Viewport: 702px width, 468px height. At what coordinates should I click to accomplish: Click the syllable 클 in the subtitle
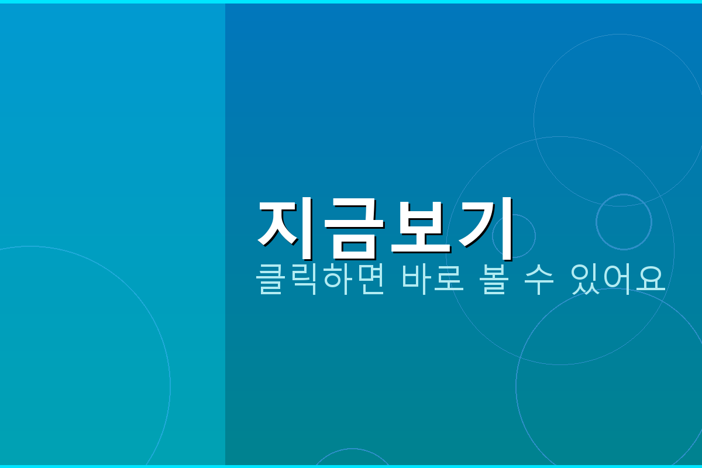pyautogui.click(x=272, y=279)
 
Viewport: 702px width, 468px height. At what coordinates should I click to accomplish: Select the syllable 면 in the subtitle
pyautogui.click(x=370, y=279)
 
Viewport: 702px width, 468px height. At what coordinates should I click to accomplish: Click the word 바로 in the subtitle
pyautogui.click(x=433, y=279)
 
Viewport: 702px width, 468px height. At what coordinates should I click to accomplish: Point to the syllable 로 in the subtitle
pyautogui.click(x=449, y=279)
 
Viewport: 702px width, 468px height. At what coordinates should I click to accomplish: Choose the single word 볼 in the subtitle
pyautogui.click(x=497, y=279)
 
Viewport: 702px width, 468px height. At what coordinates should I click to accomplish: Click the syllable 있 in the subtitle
pyautogui.click(x=585, y=279)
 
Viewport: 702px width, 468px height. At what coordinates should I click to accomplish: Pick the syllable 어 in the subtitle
pyautogui.click(x=618, y=279)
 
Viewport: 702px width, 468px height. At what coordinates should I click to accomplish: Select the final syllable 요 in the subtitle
pyautogui.click(x=650, y=279)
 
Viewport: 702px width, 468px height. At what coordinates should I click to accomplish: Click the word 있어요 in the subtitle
pyautogui.click(x=618, y=279)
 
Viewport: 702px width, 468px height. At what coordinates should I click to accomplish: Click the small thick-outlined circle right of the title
pyautogui.click(x=624, y=222)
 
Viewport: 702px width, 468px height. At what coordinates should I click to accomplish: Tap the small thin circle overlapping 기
pyautogui.click(x=514, y=236)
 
